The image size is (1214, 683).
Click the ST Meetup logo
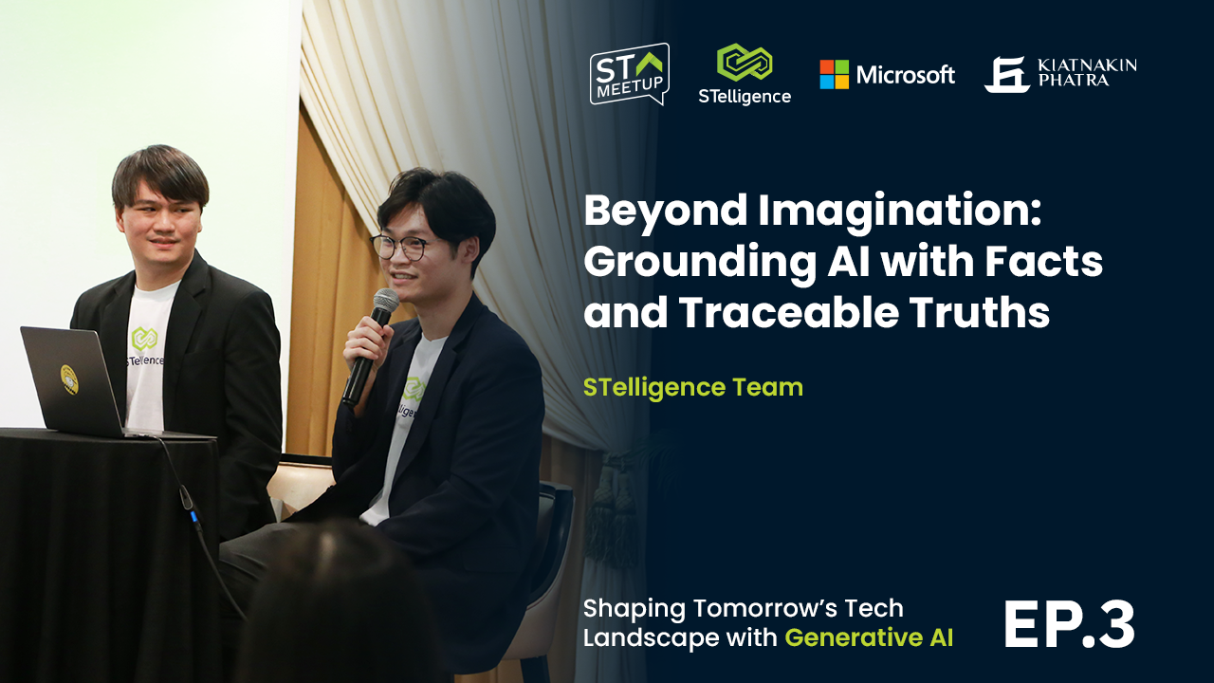coord(630,74)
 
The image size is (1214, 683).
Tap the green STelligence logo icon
coord(745,63)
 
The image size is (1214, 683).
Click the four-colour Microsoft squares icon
coord(835,74)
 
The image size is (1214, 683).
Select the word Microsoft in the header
coord(905,74)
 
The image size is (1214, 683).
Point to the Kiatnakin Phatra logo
coord(1059,74)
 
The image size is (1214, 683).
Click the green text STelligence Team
coord(692,387)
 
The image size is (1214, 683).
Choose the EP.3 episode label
coord(1068,625)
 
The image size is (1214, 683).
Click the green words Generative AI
coord(869,637)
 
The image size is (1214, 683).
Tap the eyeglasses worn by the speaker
coord(401,247)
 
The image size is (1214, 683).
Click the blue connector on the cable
coord(193,515)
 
